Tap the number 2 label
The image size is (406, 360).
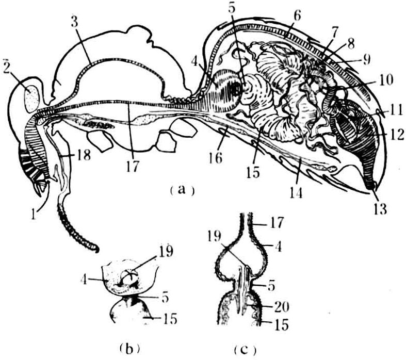point(7,67)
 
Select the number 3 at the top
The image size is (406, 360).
point(74,23)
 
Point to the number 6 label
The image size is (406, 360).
point(297,16)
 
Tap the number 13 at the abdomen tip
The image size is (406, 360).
point(380,209)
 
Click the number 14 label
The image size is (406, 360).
point(296,192)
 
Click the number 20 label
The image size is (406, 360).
point(281,307)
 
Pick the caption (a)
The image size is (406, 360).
point(182,190)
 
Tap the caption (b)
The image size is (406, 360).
point(130,349)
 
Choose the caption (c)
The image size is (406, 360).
point(245,350)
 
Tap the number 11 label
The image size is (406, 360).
point(395,111)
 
